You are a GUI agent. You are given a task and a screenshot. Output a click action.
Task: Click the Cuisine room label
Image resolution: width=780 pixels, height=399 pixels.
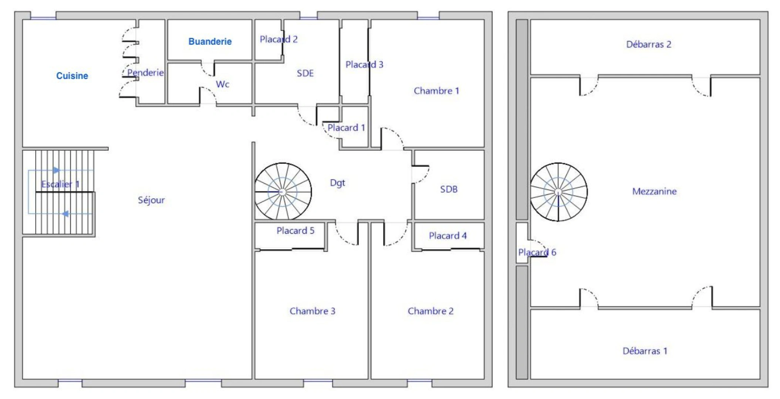[72, 76]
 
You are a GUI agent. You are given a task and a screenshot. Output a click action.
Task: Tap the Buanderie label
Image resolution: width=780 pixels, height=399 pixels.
[210, 41]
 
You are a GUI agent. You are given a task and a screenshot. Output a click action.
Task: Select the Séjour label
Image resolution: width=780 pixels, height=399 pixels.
[151, 200]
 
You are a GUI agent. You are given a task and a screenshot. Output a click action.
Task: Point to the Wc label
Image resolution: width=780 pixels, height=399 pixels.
[223, 84]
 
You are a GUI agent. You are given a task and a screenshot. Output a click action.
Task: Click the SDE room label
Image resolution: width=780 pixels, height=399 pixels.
[305, 73]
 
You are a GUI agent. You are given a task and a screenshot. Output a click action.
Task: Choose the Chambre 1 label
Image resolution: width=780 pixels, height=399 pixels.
[436, 91]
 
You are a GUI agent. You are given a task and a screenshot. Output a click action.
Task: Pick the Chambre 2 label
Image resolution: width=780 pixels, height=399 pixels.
[430, 311]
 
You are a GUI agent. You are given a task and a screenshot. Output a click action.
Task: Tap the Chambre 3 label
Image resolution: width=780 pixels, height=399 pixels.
[313, 311]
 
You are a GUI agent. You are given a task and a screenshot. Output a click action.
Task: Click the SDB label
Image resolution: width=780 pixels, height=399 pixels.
[449, 189]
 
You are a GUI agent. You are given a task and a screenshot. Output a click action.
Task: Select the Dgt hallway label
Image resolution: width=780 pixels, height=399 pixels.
[337, 183]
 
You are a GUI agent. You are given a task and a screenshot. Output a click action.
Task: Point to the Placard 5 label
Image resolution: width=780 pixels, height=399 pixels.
[296, 231]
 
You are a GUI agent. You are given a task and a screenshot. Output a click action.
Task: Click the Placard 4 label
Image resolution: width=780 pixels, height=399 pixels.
[448, 236]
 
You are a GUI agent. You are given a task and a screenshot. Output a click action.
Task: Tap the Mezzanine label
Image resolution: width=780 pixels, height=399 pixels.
[654, 191]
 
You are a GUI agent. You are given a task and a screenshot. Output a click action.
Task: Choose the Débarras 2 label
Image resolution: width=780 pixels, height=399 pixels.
[649, 44]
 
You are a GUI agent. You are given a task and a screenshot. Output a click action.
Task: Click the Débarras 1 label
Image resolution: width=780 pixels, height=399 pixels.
[645, 351]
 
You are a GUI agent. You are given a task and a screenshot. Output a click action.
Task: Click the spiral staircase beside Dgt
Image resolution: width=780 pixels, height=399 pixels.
[283, 192]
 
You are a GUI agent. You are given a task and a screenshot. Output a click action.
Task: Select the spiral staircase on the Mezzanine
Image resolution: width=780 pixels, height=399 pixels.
[558, 192]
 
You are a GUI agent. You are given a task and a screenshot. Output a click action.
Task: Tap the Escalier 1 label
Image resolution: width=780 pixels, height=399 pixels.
[60, 184]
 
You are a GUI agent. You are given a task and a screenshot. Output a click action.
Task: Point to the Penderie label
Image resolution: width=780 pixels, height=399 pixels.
[145, 72]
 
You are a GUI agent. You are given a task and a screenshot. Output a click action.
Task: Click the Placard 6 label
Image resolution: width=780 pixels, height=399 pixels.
[537, 252]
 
